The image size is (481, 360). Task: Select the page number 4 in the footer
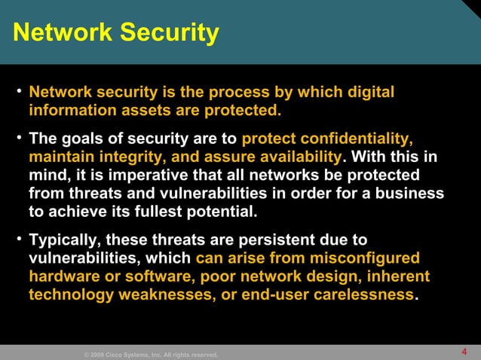click(464, 352)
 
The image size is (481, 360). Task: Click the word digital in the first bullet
click(367, 93)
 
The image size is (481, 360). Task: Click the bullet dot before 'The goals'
click(18, 139)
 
